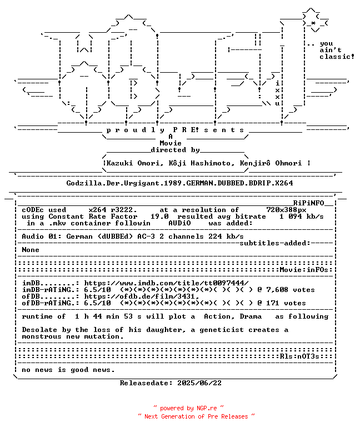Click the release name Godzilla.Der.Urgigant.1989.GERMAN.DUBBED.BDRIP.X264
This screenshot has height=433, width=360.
(x=179, y=183)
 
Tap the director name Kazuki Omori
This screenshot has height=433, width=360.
(x=133, y=163)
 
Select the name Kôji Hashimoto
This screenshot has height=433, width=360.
(x=199, y=163)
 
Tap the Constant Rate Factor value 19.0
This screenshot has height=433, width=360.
(x=159, y=216)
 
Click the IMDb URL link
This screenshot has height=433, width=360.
(x=166, y=283)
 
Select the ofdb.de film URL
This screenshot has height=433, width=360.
(x=142, y=296)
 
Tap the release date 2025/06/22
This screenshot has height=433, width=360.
(x=199, y=383)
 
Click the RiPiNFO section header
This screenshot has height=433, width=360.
(x=308, y=203)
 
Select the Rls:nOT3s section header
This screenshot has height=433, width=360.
(x=299, y=356)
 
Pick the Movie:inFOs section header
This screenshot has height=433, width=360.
(x=304, y=270)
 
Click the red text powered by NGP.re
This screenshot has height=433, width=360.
(x=188, y=408)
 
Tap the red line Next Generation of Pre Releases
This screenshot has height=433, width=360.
(x=196, y=416)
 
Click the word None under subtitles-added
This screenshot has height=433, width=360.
(x=31, y=250)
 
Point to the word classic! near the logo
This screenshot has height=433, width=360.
(x=337, y=57)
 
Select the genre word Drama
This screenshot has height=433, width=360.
(x=251, y=316)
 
